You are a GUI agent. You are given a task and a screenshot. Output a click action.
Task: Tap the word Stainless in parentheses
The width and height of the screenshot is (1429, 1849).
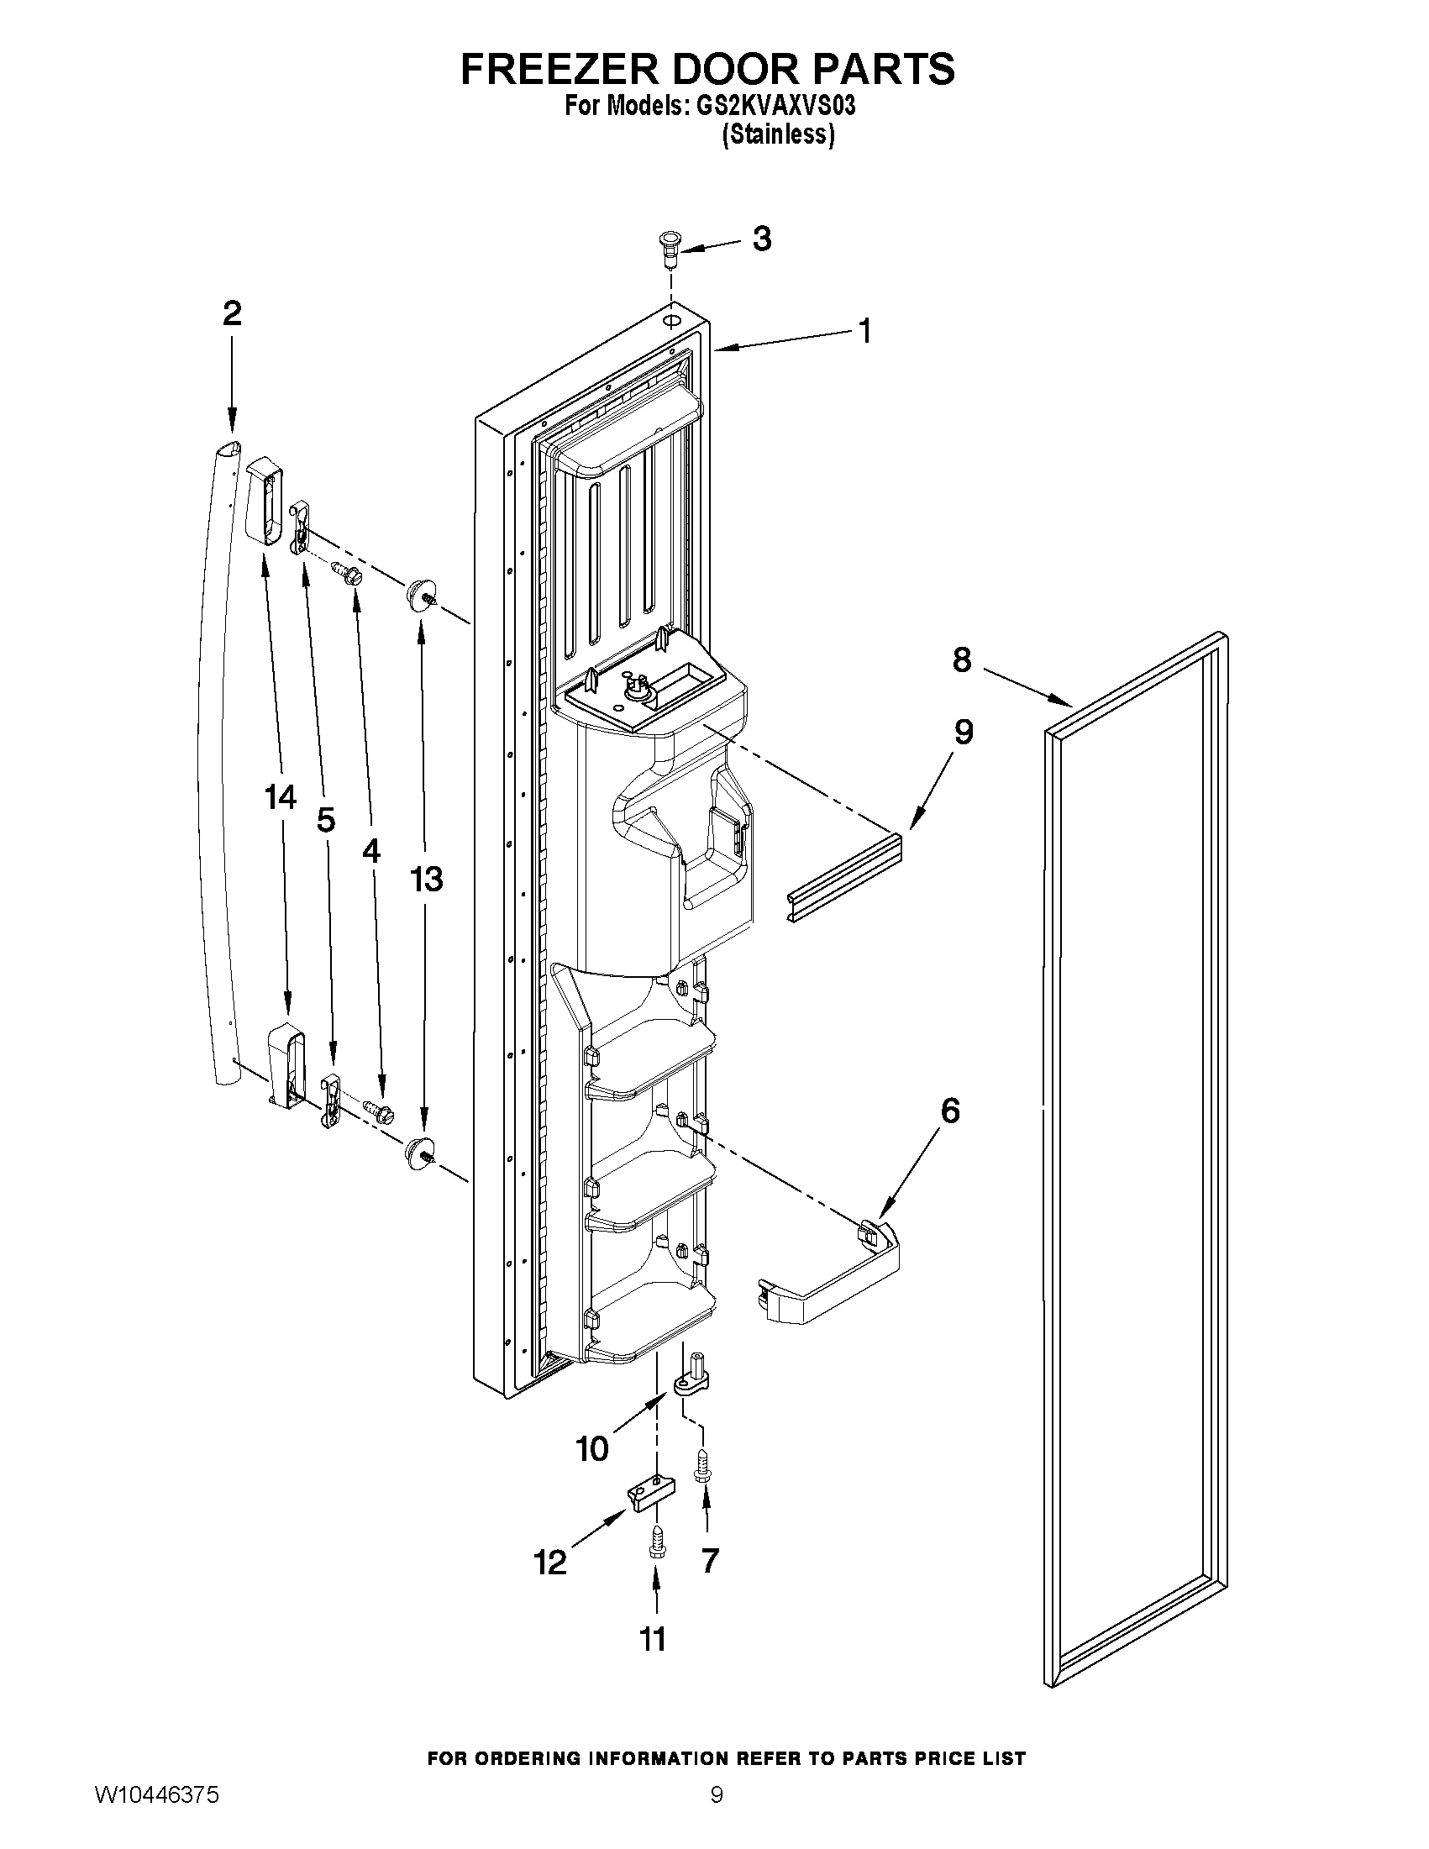[778, 134]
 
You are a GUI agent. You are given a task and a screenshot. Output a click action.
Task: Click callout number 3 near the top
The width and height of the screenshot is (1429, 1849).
[761, 239]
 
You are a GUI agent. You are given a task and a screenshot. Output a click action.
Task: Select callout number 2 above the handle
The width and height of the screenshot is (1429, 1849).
[232, 314]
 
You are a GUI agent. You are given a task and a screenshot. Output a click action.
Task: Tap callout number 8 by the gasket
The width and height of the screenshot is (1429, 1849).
[962, 659]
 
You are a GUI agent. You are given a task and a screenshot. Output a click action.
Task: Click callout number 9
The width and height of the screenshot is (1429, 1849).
[964, 732]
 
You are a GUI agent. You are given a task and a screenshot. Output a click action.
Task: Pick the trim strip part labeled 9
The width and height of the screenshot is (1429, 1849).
[843, 878]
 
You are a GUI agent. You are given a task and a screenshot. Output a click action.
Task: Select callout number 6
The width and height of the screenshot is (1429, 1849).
[950, 1110]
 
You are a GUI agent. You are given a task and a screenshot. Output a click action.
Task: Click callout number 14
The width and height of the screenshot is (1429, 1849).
[281, 796]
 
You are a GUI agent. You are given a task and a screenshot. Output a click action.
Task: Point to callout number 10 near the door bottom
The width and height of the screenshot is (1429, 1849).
[591, 1448]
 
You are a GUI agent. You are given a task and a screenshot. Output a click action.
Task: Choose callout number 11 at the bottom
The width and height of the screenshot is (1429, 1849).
[652, 1639]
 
